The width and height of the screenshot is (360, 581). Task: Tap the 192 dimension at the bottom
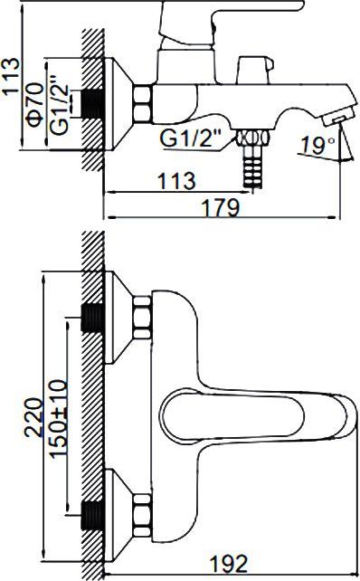[228, 564]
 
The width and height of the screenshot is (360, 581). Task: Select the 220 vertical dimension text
[33, 417]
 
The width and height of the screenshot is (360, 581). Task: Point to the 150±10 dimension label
[59, 419]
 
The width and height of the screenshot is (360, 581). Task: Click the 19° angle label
[317, 145]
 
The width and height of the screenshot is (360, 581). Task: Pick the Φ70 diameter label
[36, 105]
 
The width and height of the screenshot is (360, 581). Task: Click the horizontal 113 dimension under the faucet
[176, 181]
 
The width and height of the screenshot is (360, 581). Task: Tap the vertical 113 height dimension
[10, 77]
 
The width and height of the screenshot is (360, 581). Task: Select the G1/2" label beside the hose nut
[190, 138]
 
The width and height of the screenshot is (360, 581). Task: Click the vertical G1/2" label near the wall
[60, 105]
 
